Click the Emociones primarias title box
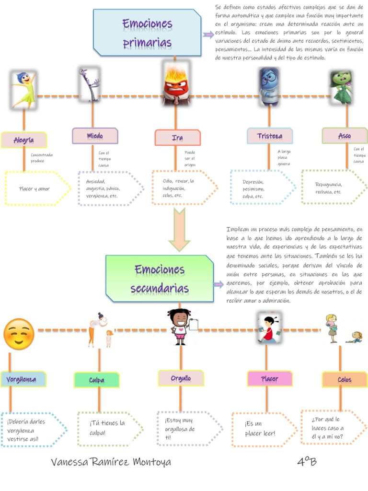(147, 33)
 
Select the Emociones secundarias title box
(160, 279)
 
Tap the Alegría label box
(24, 140)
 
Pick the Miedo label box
(95, 136)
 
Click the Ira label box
(177, 138)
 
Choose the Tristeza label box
(270, 136)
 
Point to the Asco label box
(345, 136)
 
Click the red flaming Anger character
(177, 83)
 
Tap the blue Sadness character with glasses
(269, 86)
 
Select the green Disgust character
(342, 87)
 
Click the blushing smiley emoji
(19, 334)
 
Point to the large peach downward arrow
(179, 230)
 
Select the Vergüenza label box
(23, 379)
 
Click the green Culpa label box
(97, 380)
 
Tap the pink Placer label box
(270, 379)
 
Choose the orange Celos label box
(345, 380)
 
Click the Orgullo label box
(181, 378)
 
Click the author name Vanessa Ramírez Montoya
(111, 462)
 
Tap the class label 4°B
(307, 461)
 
